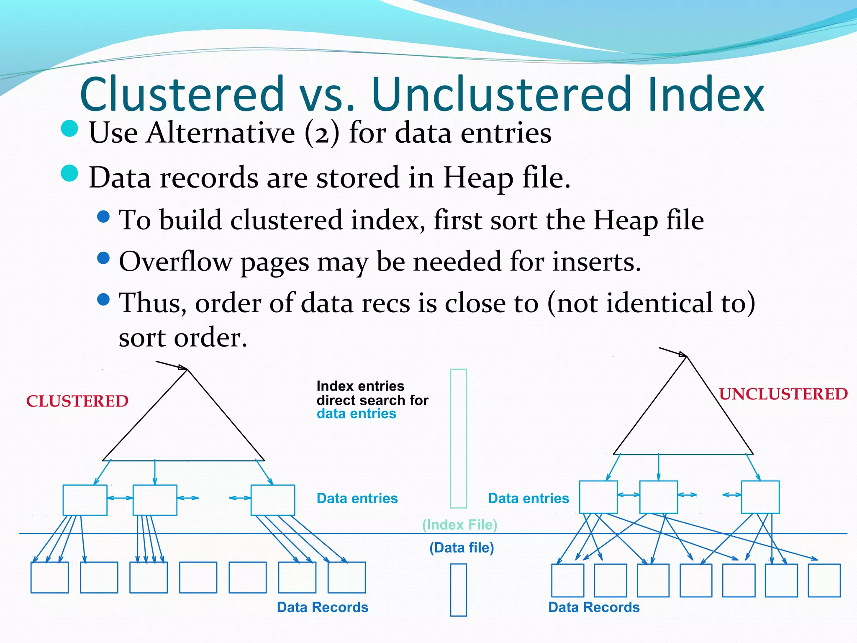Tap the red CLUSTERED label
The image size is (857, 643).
(77, 401)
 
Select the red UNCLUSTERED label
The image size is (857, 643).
(783, 394)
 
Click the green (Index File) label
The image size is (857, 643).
(459, 525)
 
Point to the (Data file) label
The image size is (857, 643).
(462, 548)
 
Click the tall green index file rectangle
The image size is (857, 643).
(458, 438)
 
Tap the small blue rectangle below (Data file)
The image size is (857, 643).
(458, 590)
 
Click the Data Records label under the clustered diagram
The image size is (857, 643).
(322, 607)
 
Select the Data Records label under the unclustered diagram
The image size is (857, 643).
(594, 607)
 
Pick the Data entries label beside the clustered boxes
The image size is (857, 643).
(357, 498)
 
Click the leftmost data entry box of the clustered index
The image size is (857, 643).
(85, 500)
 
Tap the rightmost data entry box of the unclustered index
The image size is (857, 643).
(760, 497)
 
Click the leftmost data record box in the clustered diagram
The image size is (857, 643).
(49, 577)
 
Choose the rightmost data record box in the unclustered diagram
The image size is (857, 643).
(824, 580)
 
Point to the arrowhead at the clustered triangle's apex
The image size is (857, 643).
(183, 368)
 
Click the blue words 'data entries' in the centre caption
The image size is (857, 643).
(356, 414)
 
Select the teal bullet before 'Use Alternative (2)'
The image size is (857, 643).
(69, 129)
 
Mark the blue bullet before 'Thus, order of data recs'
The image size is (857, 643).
(103, 299)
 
